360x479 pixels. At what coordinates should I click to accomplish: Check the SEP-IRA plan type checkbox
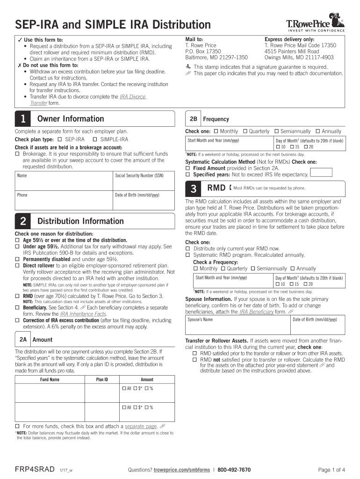pyautogui.click(x=60, y=140)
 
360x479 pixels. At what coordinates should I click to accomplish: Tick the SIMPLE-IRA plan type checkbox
pyautogui.click(x=95, y=140)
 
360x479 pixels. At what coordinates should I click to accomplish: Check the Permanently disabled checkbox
pyautogui.click(x=17, y=259)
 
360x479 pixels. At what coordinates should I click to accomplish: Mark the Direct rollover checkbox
pyautogui.click(x=17, y=266)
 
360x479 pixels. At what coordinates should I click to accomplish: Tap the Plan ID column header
pyautogui.click(x=102, y=380)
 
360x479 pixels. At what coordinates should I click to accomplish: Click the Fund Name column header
pyautogui.click(x=50, y=380)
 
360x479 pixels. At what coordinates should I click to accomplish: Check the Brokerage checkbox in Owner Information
pyautogui.click(x=17, y=154)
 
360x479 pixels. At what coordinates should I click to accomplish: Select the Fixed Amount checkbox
pyautogui.click(x=188, y=168)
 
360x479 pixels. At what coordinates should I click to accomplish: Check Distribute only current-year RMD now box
pyautogui.click(x=188, y=248)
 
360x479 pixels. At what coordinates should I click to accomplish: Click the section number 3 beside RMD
pyautogui.click(x=193, y=189)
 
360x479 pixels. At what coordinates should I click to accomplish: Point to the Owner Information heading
pyautogui.click(x=71, y=119)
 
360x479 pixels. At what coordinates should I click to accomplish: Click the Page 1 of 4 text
pyautogui.click(x=331, y=470)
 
